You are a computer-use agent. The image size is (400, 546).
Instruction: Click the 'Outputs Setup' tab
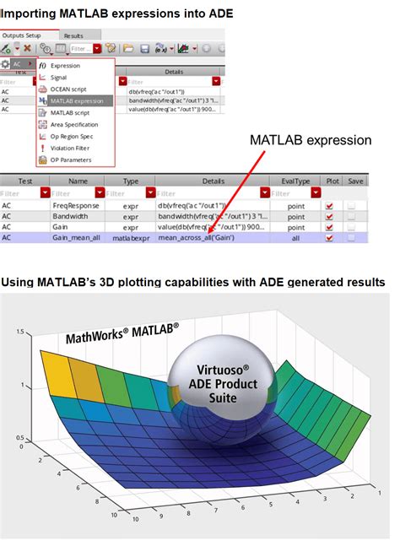click(x=23, y=35)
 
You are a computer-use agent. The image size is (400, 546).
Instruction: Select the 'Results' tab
click(x=74, y=35)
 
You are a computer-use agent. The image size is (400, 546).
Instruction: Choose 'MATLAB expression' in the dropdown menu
click(x=76, y=100)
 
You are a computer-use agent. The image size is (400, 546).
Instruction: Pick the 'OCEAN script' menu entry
click(x=70, y=89)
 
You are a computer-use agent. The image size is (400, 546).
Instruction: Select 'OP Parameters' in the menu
click(x=71, y=159)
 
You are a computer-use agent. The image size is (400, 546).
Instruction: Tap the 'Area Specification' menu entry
click(x=74, y=124)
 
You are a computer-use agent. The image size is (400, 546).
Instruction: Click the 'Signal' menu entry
click(x=59, y=77)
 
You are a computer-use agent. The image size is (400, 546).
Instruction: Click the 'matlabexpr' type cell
click(x=130, y=239)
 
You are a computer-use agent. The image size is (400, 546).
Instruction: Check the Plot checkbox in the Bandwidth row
click(x=329, y=217)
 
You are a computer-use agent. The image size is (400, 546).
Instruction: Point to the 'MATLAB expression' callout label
click(x=310, y=140)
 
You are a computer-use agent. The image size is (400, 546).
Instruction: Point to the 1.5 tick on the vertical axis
click(x=19, y=334)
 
